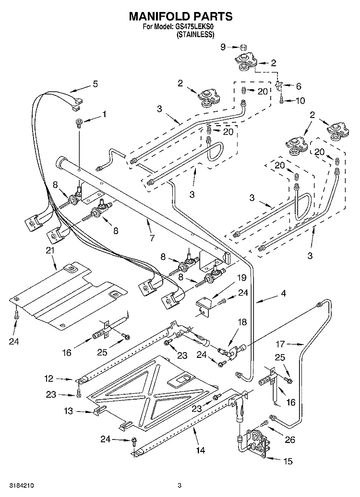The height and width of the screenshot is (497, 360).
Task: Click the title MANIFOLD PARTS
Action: click(x=180, y=16)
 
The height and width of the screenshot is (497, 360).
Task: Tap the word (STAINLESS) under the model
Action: click(x=195, y=35)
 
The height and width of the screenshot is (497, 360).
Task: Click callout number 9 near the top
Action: click(x=222, y=47)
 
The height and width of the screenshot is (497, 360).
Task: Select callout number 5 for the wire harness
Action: click(x=95, y=84)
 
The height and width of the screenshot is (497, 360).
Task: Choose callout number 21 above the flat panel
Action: click(x=50, y=250)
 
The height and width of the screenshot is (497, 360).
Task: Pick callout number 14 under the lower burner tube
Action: click(x=200, y=450)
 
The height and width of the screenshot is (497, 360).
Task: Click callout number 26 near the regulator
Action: click(x=289, y=439)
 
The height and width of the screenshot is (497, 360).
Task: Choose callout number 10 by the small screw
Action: click(x=300, y=101)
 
